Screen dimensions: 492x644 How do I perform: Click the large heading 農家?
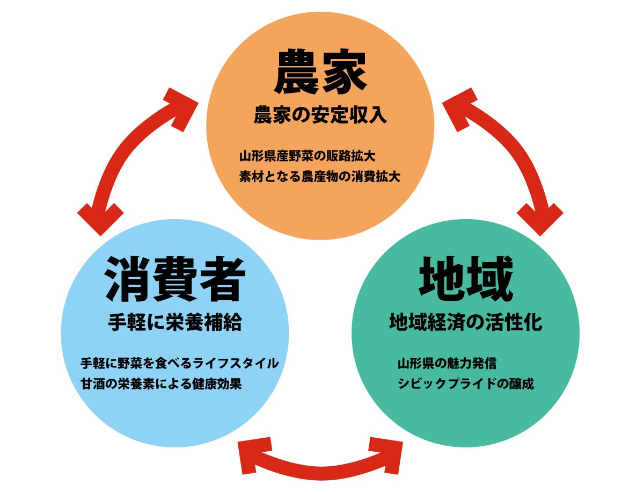click(x=320, y=73)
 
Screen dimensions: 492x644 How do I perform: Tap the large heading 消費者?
click(x=175, y=279)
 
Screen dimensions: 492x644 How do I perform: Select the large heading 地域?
click(x=465, y=279)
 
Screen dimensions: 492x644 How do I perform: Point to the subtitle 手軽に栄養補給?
click(x=175, y=323)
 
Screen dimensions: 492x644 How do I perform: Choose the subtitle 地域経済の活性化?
click(x=465, y=323)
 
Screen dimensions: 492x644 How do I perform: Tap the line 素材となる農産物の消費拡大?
click(x=320, y=177)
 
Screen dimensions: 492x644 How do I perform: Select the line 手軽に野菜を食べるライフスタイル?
click(x=179, y=363)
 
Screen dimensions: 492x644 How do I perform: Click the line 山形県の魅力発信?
click(x=447, y=363)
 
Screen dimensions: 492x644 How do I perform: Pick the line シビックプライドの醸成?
click(x=465, y=385)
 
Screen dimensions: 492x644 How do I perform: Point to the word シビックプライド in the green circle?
click(x=445, y=385)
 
